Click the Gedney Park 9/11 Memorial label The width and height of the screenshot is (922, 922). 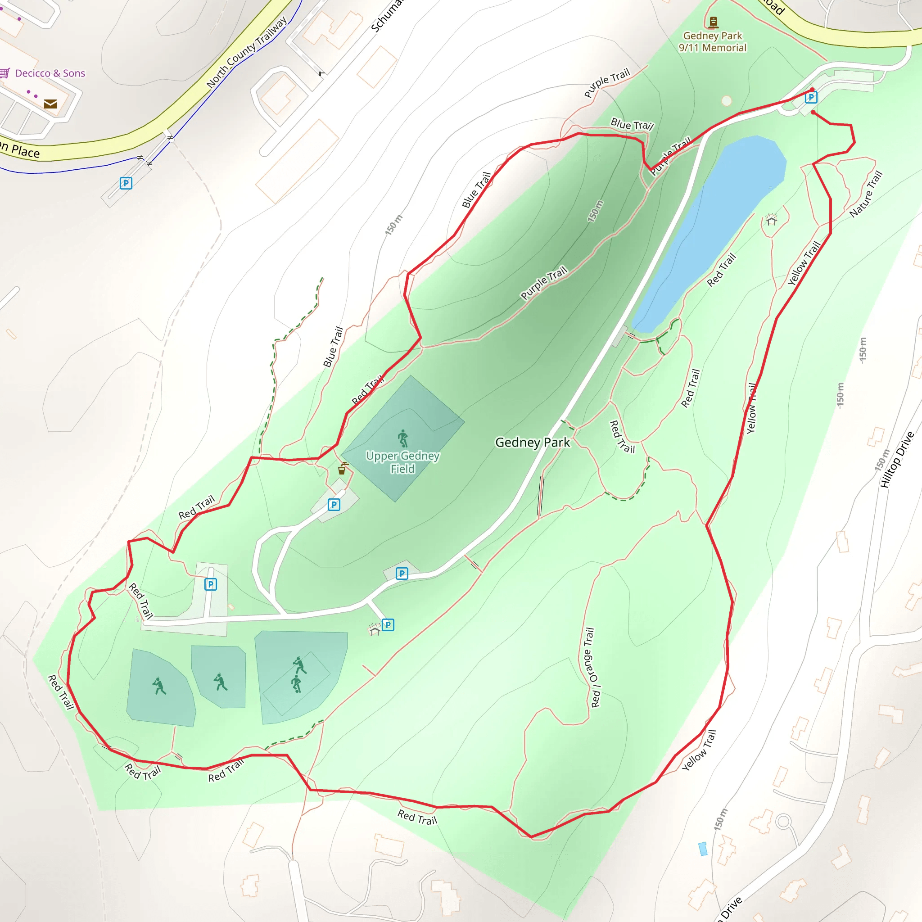click(x=713, y=42)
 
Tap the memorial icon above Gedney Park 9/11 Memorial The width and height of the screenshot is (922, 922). click(x=714, y=22)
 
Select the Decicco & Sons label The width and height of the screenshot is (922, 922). click(x=50, y=73)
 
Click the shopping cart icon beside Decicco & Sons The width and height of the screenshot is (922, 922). click(x=5, y=73)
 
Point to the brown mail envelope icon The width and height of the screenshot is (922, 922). click(x=50, y=104)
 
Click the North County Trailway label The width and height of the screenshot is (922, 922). click(x=247, y=52)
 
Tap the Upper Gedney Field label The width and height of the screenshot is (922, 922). click(x=402, y=462)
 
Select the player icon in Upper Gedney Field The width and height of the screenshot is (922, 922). click(x=403, y=438)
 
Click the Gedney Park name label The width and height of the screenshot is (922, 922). click(x=533, y=443)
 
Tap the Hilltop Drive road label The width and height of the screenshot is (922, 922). click(x=897, y=460)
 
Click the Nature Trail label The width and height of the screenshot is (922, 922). click(x=866, y=194)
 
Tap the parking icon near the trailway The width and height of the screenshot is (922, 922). click(x=126, y=183)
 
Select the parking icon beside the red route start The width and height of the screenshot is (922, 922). click(x=811, y=98)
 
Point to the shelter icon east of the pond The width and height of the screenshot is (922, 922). click(x=771, y=220)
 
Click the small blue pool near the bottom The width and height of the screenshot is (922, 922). click(x=702, y=849)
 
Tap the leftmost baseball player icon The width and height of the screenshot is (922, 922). click(x=159, y=686)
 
